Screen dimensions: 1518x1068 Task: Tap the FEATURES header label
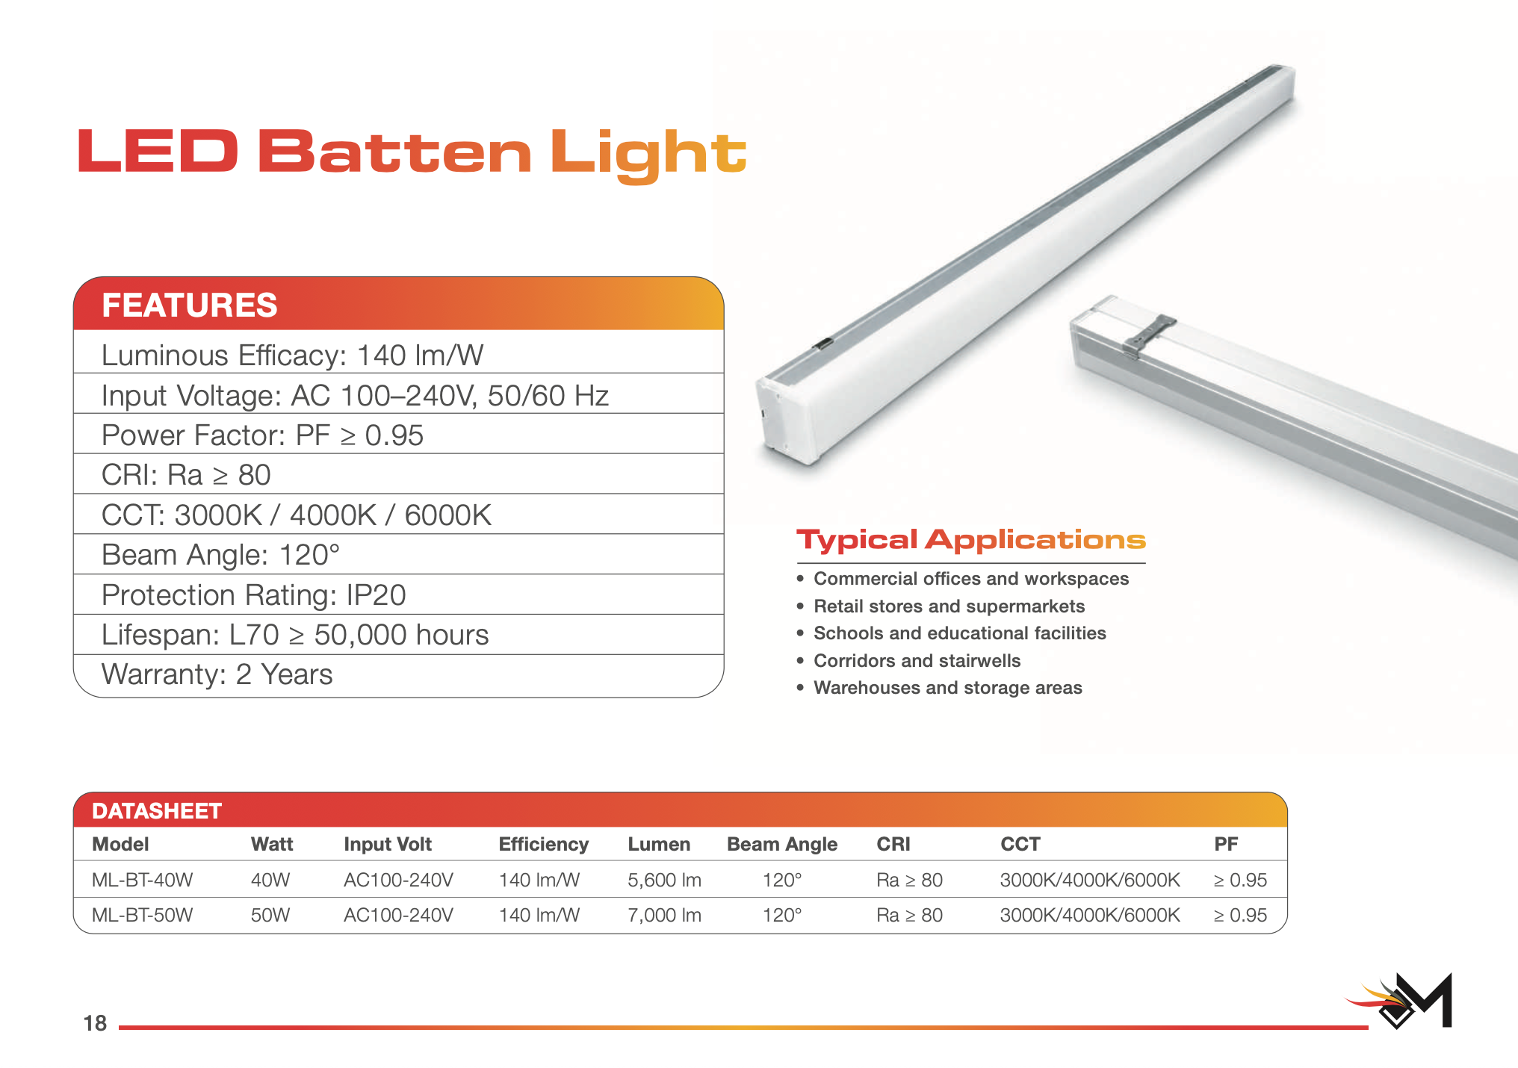pos(190,305)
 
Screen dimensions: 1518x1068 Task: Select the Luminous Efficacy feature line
pos(292,355)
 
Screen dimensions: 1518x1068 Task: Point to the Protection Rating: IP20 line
pos(253,595)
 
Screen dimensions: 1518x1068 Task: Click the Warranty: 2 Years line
pos(217,674)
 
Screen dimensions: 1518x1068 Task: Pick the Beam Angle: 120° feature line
pos(220,555)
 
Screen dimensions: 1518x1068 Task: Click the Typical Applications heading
pos(971,540)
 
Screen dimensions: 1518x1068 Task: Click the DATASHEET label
pos(157,811)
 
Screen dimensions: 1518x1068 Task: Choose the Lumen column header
pos(659,844)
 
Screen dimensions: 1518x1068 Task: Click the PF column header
pos(1226,844)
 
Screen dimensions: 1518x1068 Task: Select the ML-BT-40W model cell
pos(142,880)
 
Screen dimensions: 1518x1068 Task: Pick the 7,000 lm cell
pos(664,915)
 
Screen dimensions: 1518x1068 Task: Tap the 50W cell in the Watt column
pos(270,915)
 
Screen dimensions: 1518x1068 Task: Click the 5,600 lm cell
pos(664,880)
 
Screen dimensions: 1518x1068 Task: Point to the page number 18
pos(95,1023)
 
